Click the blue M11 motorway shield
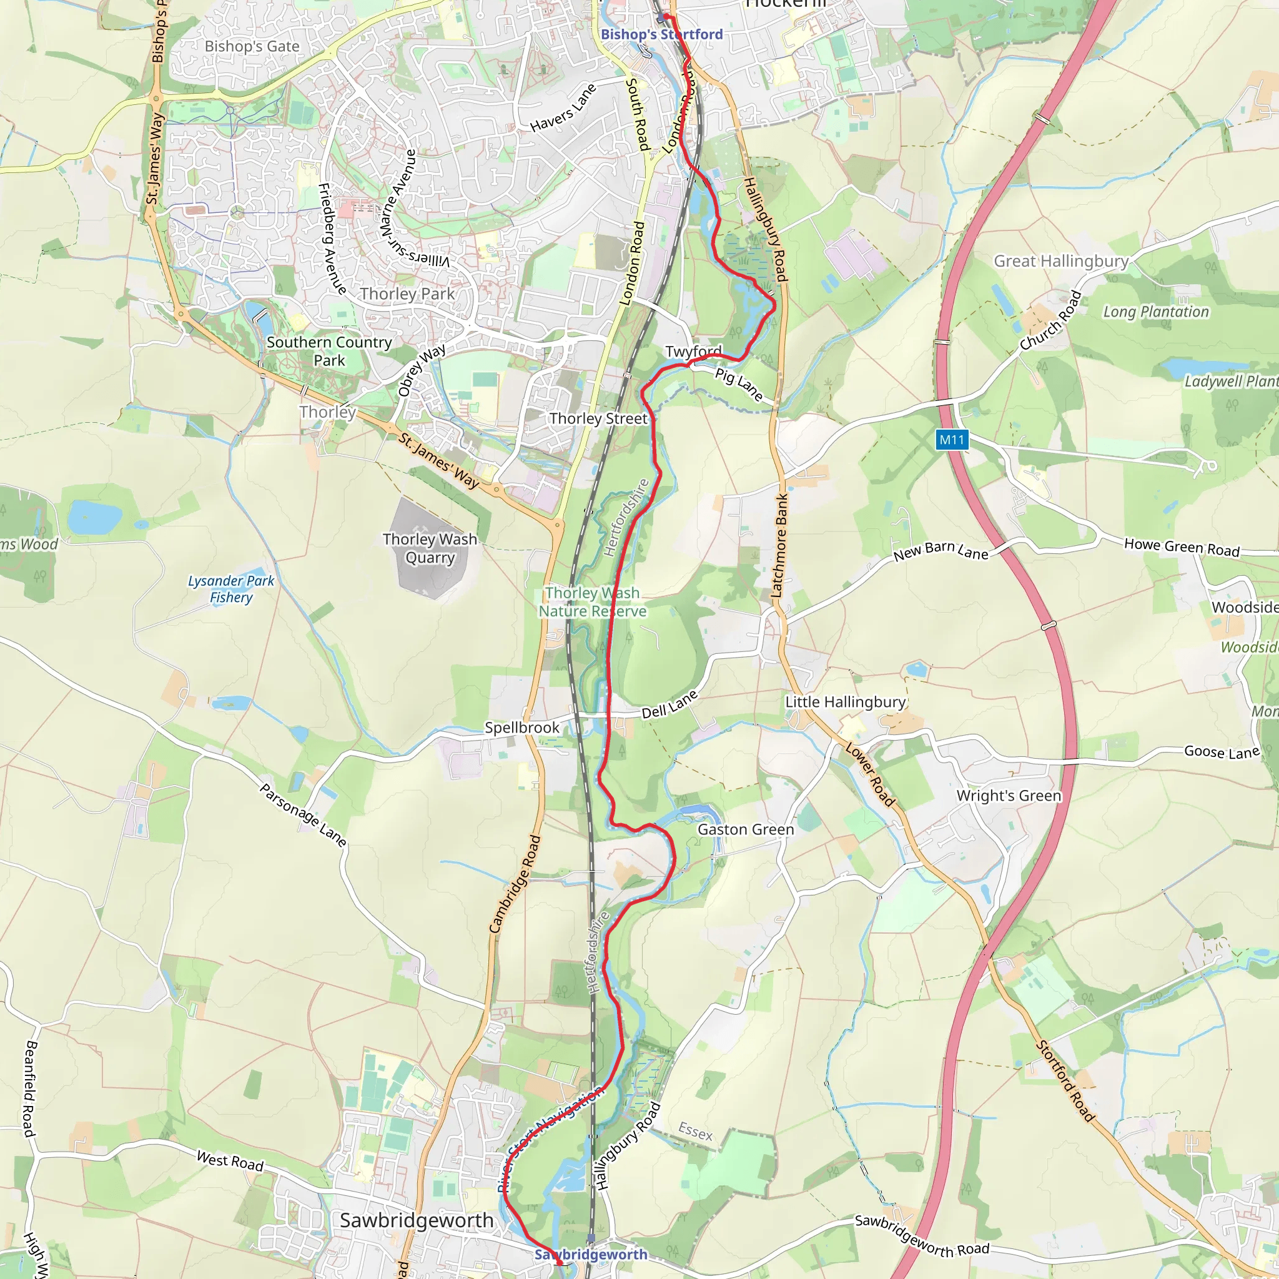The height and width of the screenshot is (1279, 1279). [x=952, y=440]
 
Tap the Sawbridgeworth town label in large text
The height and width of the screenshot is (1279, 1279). [x=417, y=1220]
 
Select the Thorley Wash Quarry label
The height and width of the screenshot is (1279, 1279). [x=430, y=548]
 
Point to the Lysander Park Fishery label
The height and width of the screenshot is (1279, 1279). [x=231, y=588]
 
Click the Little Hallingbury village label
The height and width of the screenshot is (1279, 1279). [x=846, y=702]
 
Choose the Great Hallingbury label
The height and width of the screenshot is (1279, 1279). [x=1060, y=261]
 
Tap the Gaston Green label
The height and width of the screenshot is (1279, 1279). [x=746, y=829]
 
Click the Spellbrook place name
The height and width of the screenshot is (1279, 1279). [x=521, y=728]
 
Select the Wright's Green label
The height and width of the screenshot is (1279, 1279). [x=1008, y=796]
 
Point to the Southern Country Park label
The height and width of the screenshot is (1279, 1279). [x=329, y=351]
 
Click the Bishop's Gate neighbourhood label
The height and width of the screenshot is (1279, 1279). [x=252, y=46]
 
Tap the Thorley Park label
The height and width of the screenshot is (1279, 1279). [x=407, y=294]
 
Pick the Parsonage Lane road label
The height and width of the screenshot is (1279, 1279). [x=302, y=816]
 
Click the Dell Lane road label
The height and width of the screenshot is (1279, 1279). [x=670, y=704]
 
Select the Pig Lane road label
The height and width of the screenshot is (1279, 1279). [x=739, y=385]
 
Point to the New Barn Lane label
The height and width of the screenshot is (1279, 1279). [x=940, y=551]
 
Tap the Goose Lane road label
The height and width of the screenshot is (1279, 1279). [x=1222, y=752]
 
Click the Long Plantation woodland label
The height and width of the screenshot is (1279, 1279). [x=1155, y=312]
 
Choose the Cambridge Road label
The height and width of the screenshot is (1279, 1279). [x=515, y=884]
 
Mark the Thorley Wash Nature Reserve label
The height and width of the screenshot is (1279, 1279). [x=592, y=602]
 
